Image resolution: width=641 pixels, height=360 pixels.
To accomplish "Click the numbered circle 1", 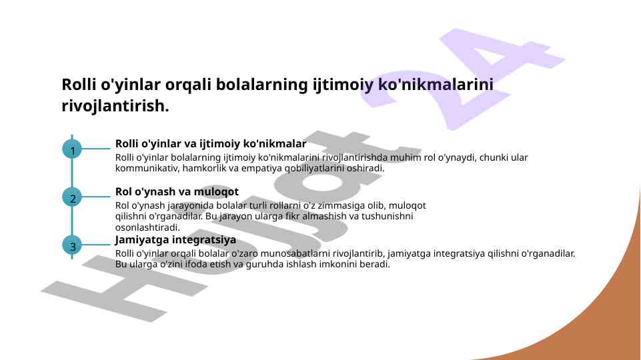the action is tap(72, 149).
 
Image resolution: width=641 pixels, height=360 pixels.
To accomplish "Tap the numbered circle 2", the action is tap(72, 197).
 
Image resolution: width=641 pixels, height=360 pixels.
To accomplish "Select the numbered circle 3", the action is tap(72, 245).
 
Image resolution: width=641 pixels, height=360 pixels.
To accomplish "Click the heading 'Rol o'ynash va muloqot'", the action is tap(177, 191).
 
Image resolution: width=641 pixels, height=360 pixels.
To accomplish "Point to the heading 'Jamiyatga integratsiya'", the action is tap(175, 239).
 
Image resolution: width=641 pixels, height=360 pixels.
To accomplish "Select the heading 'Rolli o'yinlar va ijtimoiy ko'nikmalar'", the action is tap(211, 144).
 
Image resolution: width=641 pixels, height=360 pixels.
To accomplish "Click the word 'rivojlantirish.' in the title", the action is tap(115, 106).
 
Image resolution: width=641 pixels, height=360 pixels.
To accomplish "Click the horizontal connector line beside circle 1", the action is tap(96, 149).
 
